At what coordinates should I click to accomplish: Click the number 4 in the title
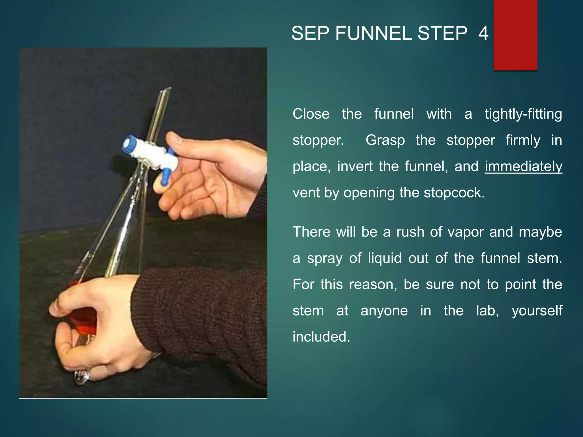tap(483, 33)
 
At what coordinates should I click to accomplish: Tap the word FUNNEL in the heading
tap(373, 33)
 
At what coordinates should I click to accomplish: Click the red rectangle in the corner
tap(515, 35)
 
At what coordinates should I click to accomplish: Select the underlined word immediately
tap(523, 166)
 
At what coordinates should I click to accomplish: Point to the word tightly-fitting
tap(523, 114)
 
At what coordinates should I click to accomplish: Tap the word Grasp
tap(385, 140)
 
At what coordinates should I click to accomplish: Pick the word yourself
tap(537, 311)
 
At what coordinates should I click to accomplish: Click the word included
tap(321, 337)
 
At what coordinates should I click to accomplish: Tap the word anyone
tap(384, 311)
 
